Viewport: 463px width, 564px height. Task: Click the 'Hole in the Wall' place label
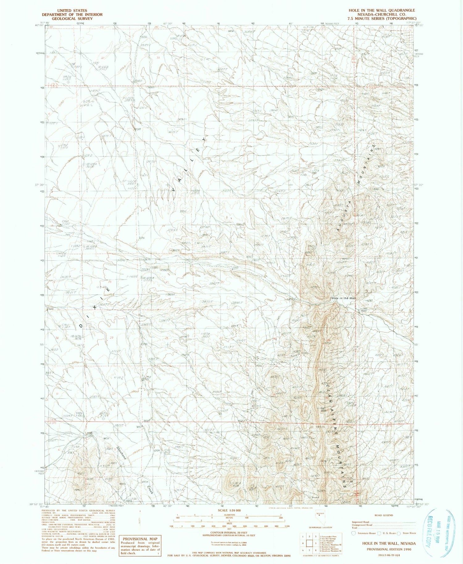(x=343, y=298)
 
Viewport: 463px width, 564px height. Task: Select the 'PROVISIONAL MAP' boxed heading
(x=140, y=539)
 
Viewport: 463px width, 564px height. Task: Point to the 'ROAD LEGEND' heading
(x=383, y=515)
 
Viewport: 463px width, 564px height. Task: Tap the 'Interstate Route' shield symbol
(x=354, y=533)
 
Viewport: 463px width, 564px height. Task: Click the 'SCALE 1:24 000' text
(x=229, y=510)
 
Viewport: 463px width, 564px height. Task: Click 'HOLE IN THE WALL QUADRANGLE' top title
(x=382, y=10)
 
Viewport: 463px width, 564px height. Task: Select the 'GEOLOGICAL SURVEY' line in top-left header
(x=72, y=19)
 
